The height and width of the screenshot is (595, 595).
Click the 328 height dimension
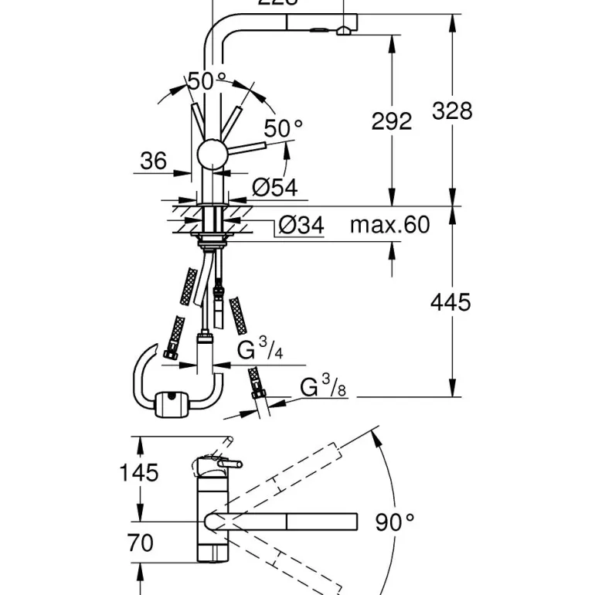452,111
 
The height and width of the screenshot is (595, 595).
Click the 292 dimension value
392,121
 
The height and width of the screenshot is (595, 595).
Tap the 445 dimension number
450,301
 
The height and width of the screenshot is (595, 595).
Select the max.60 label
389,225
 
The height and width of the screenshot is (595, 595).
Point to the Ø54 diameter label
274,187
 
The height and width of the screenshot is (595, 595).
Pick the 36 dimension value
153,161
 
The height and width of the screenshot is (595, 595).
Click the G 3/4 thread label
259,350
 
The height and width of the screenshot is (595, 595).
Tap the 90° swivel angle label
395,523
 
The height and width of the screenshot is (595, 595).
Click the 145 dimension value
138,472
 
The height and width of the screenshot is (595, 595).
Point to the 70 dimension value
140,543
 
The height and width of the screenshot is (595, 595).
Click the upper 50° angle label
206,80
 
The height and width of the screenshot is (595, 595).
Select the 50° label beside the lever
283,128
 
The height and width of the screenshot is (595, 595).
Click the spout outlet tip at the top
343,29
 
